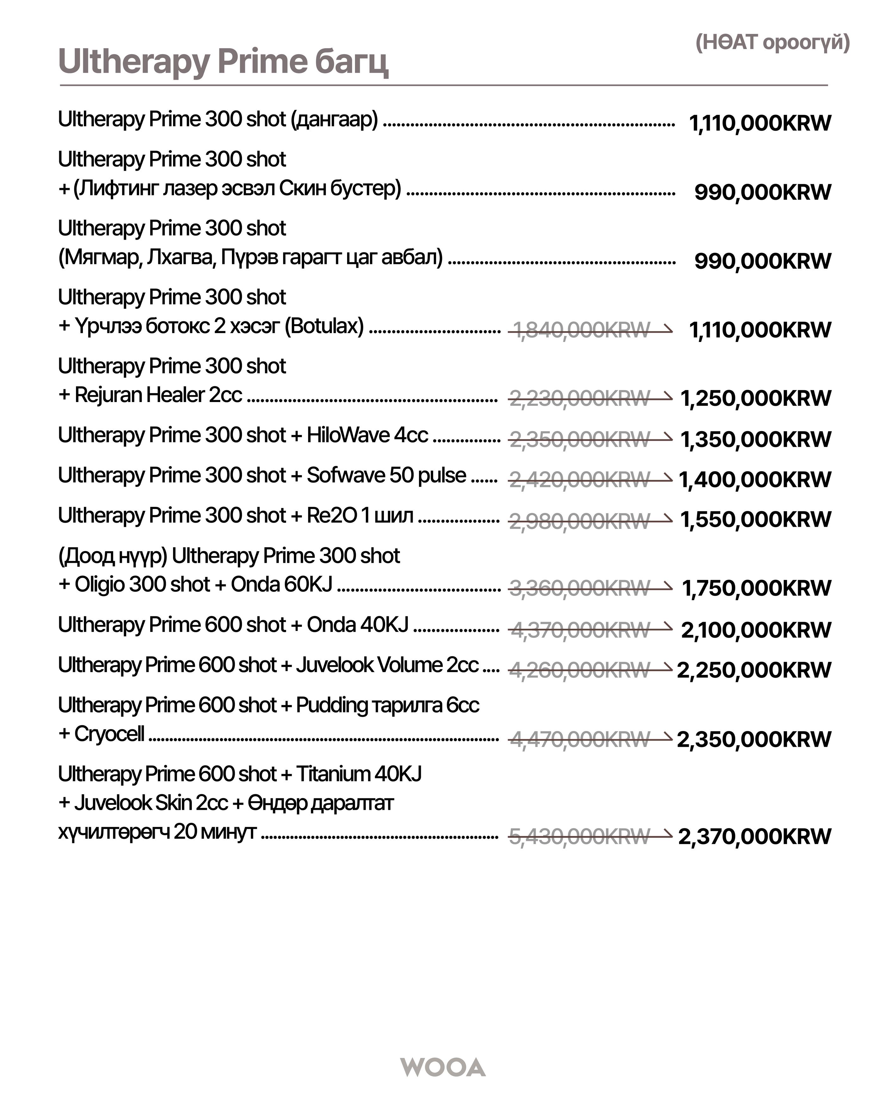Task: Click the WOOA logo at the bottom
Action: (x=443, y=1067)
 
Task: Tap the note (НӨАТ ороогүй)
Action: (x=772, y=42)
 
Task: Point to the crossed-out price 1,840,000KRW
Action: (x=581, y=330)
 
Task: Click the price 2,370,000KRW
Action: (x=754, y=836)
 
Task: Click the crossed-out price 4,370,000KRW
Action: (x=580, y=630)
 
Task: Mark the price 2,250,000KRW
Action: (x=753, y=670)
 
